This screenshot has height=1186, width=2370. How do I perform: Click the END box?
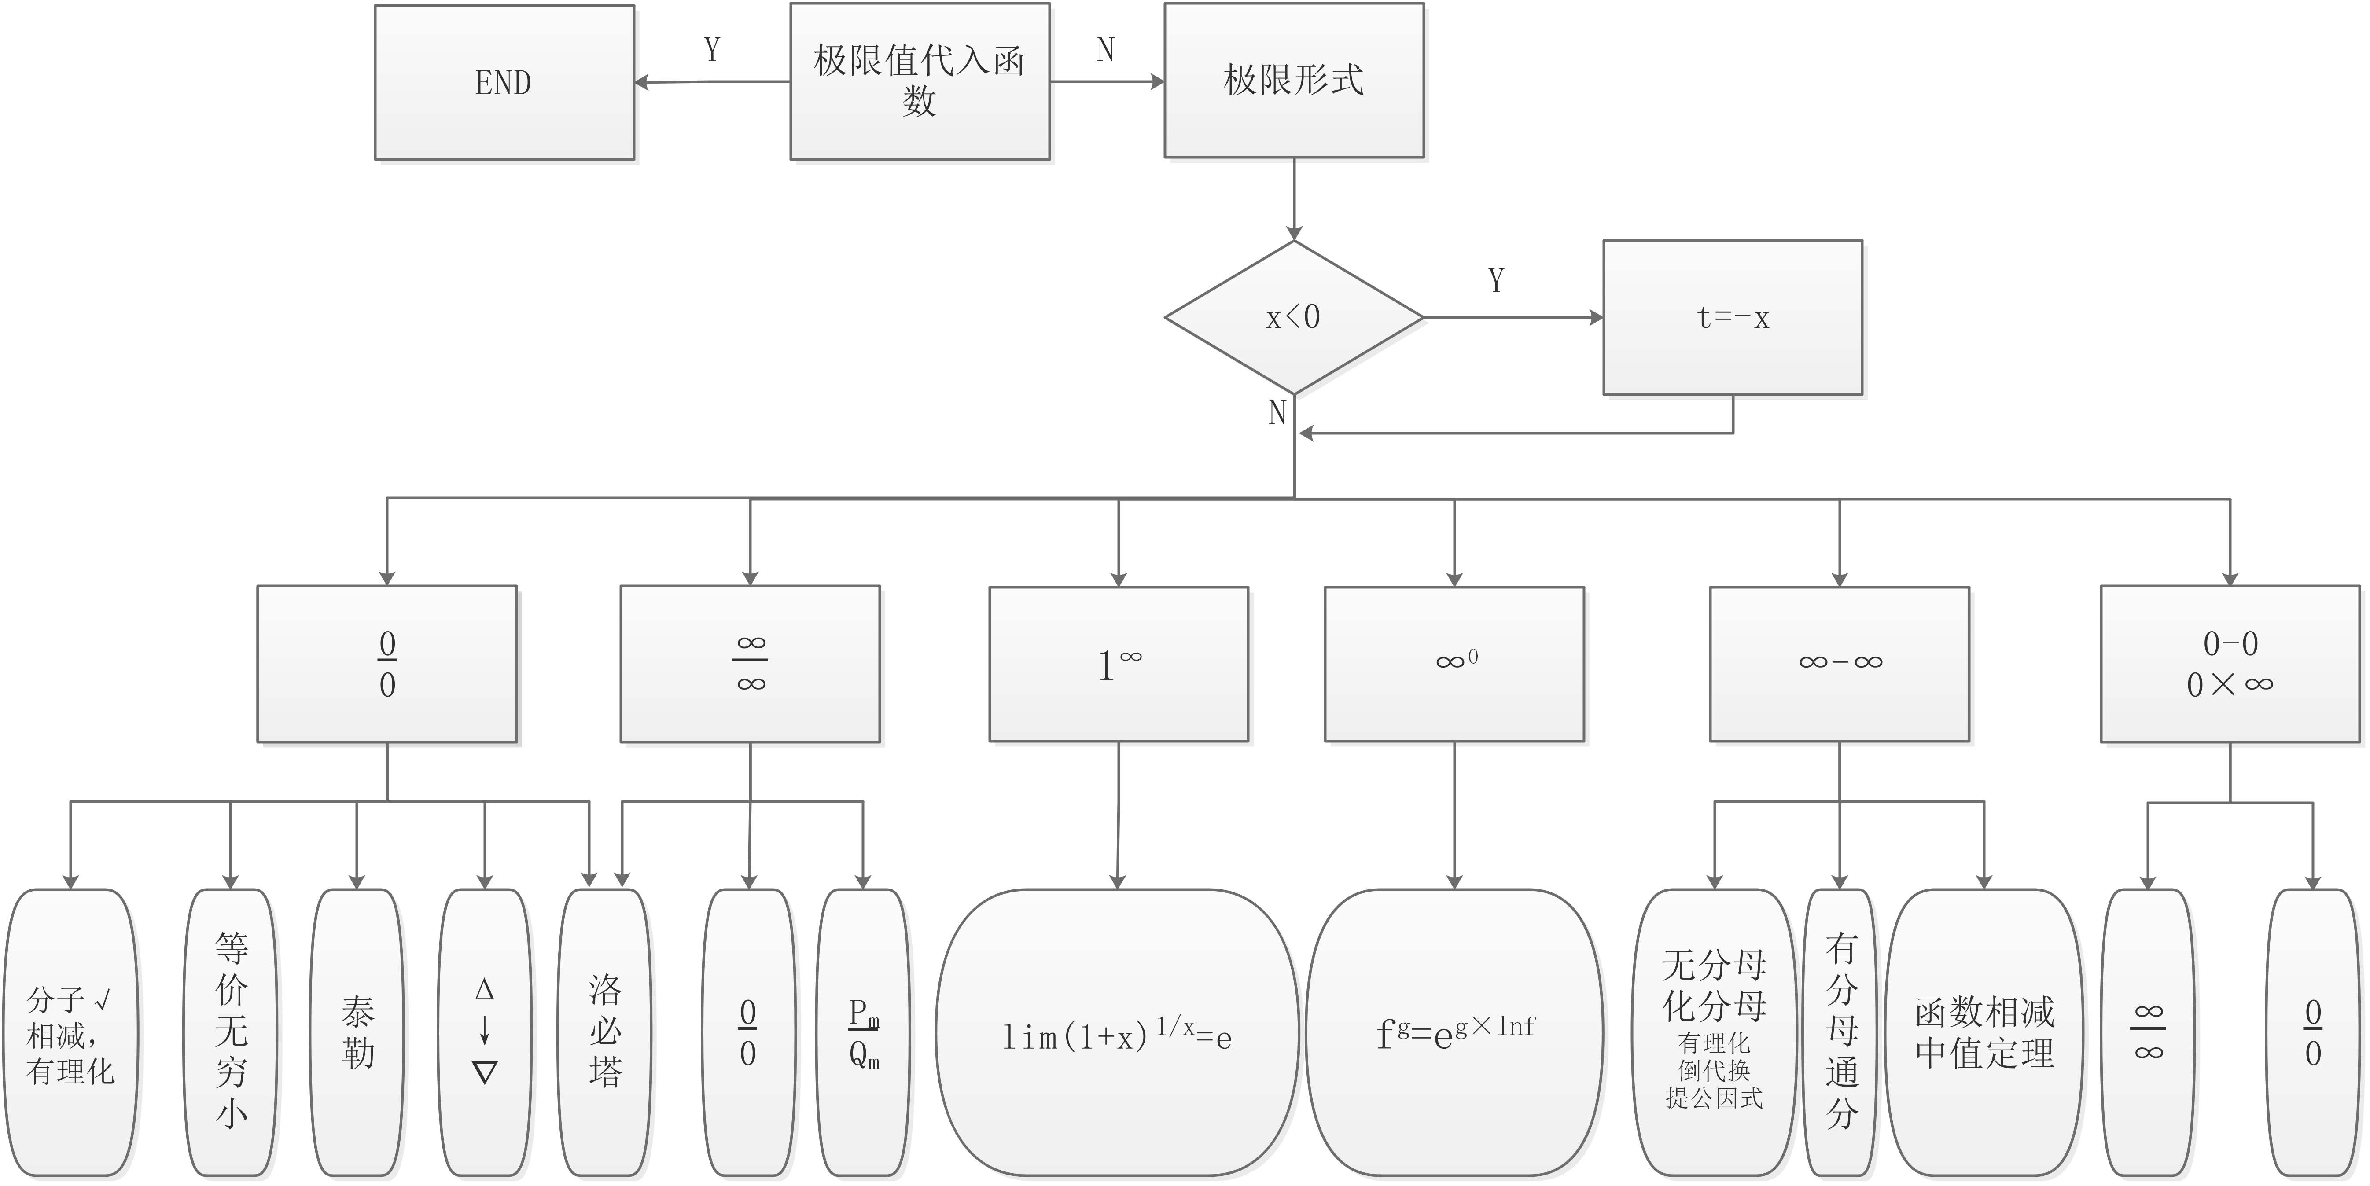point(504,83)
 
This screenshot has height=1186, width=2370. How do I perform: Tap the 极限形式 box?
point(1294,81)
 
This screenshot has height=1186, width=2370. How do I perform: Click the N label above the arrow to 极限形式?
point(1105,50)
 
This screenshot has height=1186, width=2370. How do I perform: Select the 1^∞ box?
point(1119,663)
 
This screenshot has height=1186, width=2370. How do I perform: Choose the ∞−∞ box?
point(1840,663)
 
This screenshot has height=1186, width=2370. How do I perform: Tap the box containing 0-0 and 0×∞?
point(2230,663)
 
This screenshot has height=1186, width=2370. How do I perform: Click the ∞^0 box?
point(1454,663)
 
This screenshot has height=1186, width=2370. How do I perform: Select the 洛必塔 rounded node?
point(605,1032)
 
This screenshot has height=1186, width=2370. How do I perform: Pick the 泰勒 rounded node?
point(358,1032)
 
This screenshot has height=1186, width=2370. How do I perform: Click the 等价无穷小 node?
point(231,1032)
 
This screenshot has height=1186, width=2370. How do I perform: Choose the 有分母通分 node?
point(1841,1032)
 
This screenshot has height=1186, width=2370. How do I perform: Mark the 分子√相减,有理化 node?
point(71,1032)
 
